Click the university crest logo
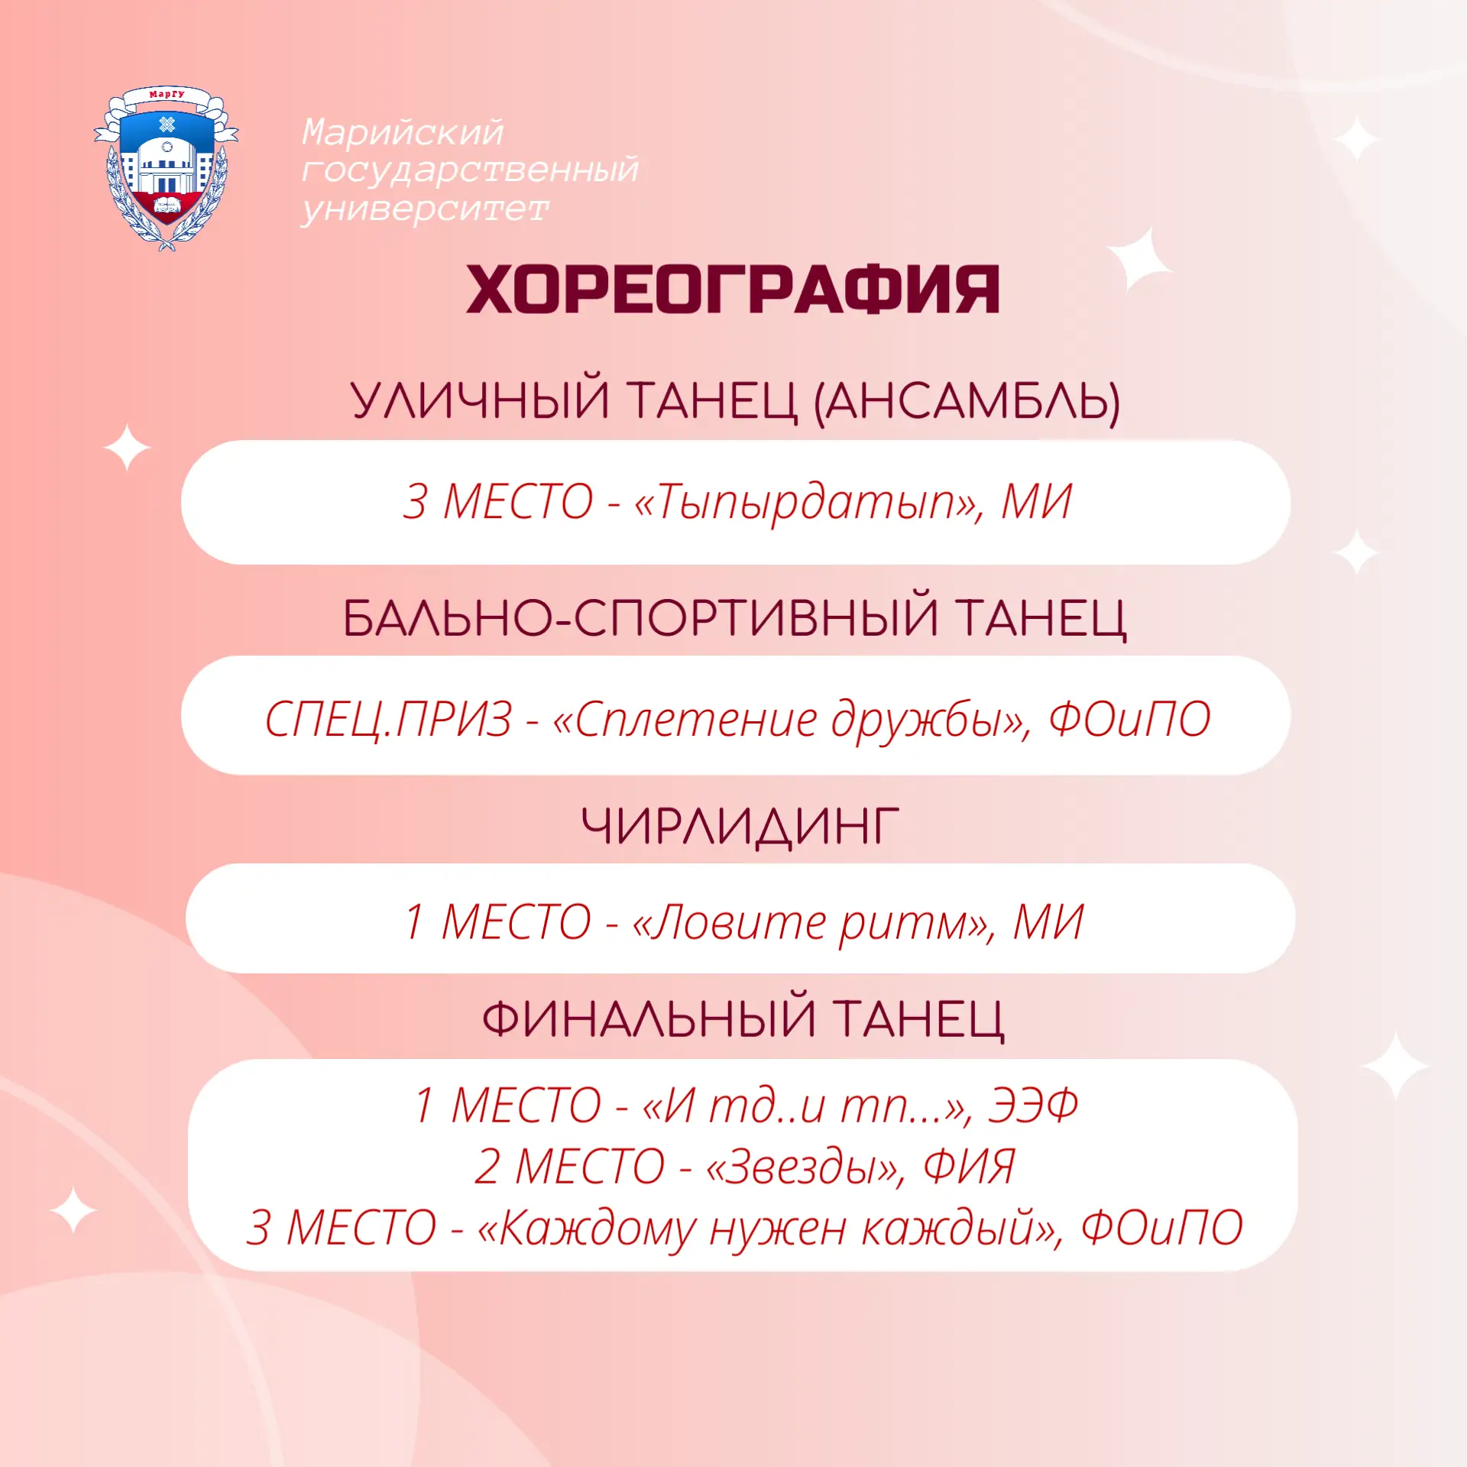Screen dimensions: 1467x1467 click(166, 168)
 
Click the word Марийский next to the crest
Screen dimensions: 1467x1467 click(403, 131)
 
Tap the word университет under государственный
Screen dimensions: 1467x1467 click(425, 209)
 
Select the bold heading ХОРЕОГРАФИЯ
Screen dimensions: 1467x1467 click(733, 290)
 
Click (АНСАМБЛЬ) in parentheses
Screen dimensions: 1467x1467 click(967, 401)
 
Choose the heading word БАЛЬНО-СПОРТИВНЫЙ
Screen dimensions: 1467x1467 click(640, 617)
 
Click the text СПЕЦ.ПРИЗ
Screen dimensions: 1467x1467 click(388, 718)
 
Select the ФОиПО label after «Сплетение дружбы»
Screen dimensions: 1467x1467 click(1129, 718)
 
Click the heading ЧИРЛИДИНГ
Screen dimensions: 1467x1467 click(740, 826)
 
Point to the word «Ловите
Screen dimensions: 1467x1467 click(729, 921)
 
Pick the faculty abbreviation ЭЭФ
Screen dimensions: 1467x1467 click(1032, 1105)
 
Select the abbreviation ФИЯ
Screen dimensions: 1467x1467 click(969, 1167)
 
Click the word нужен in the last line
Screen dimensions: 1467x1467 click(778, 1228)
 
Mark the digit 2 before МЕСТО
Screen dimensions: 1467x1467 click(487, 1167)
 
